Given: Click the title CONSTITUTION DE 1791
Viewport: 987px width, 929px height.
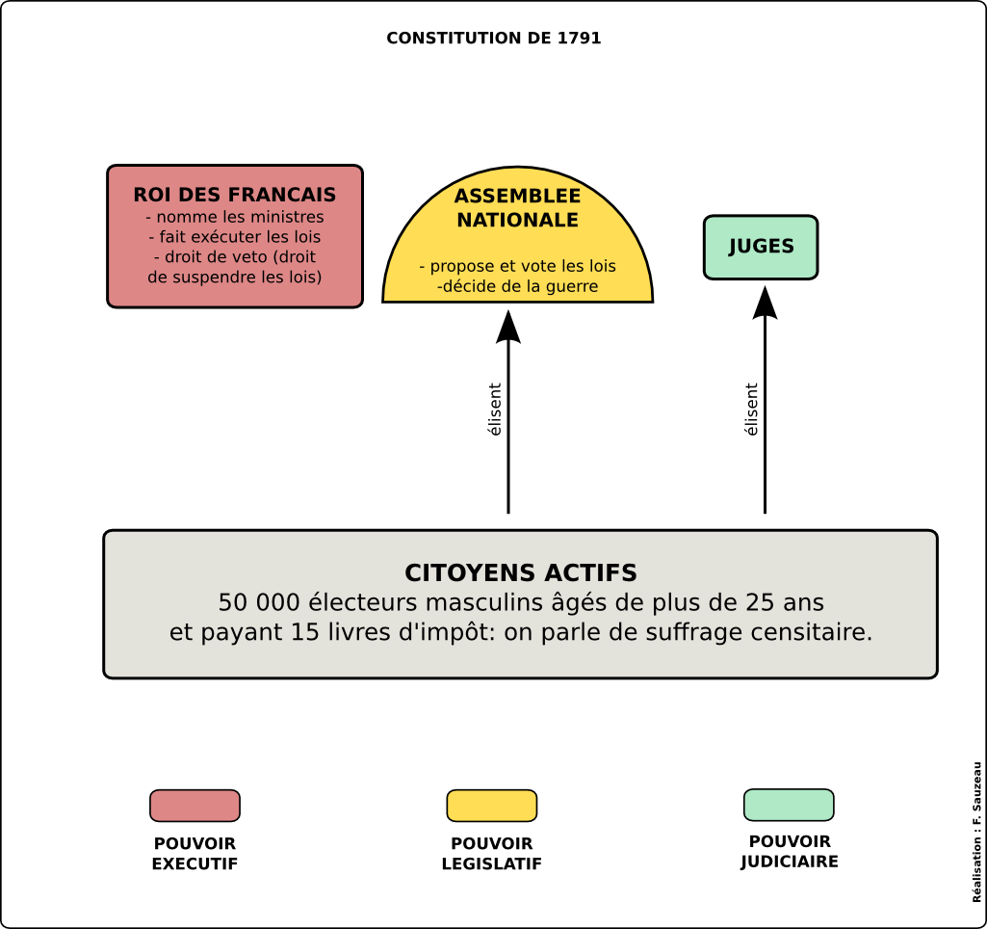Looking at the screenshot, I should click(x=494, y=39).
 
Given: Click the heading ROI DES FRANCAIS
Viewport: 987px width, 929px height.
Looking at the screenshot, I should click(x=235, y=196).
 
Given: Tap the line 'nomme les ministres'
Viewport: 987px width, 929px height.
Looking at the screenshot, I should click(x=235, y=217).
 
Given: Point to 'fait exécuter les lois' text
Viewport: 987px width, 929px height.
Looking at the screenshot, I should click(x=235, y=237).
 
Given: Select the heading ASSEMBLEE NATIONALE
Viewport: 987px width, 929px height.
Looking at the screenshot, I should click(x=517, y=208).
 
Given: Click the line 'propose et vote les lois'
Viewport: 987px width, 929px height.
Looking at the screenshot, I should click(x=517, y=267).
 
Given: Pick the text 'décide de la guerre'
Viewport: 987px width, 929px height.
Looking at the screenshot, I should click(x=517, y=286).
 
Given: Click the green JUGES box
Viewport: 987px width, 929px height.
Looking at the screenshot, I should click(x=761, y=247).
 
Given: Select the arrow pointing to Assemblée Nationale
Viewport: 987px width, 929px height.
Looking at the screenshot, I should click(x=508, y=414).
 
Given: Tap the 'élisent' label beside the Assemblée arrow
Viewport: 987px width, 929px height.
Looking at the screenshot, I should click(x=495, y=410).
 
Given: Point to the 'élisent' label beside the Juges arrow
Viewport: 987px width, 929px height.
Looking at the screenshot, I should click(x=752, y=410).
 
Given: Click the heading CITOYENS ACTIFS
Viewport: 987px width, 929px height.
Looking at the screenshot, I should click(x=521, y=573).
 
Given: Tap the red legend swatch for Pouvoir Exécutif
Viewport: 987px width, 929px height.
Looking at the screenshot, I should click(x=195, y=806).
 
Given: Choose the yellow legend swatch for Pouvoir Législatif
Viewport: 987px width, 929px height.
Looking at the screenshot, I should click(x=491, y=806).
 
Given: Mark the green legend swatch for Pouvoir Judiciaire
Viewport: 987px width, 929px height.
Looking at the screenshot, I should click(x=789, y=805).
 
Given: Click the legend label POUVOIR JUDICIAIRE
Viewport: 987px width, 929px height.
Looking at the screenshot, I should click(x=790, y=852).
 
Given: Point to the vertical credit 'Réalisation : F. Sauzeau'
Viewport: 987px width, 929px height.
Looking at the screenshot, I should click(x=976, y=832).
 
